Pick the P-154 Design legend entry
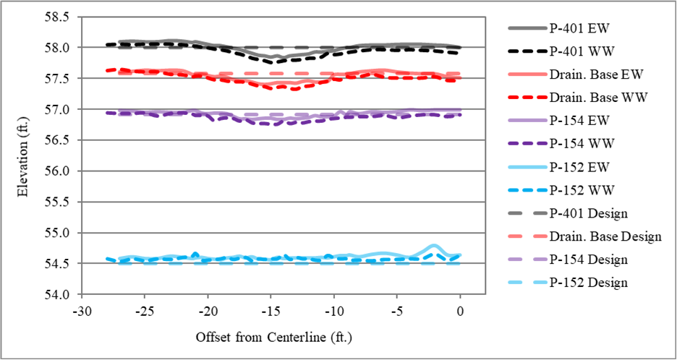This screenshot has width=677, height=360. coord(590,260)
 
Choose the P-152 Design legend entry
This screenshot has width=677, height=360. coord(590,283)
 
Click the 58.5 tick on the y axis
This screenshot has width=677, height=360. coord(60,17)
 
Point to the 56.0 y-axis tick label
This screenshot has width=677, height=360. coord(60,172)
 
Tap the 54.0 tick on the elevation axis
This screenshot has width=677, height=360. coord(60,296)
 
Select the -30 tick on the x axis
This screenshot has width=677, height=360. coord(81,311)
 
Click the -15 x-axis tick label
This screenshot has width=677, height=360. coord(271,311)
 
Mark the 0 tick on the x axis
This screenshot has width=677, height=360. coord(460,311)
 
